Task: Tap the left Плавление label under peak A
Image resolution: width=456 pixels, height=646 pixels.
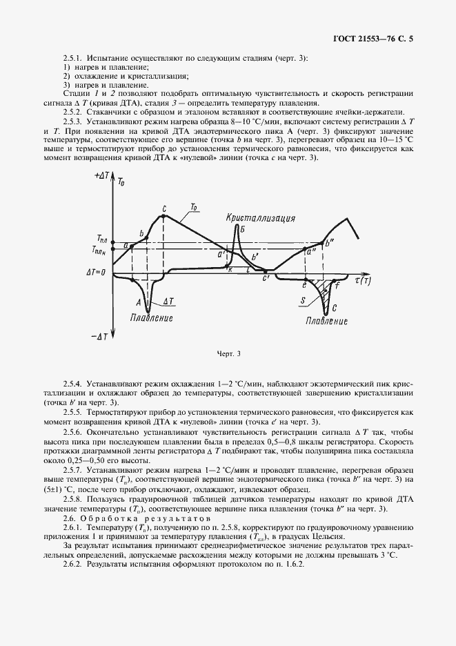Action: point(150,318)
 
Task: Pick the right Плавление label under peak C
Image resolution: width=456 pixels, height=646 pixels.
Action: point(327,321)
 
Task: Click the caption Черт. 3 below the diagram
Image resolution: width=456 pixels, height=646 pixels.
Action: point(228,355)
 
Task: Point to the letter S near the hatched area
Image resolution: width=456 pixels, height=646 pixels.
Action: point(304,301)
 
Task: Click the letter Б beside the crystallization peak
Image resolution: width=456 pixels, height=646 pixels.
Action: point(244,230)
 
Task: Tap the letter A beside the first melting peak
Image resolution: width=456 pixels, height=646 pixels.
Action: point(139,302)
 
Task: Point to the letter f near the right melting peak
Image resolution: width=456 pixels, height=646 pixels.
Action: point(337,285)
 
